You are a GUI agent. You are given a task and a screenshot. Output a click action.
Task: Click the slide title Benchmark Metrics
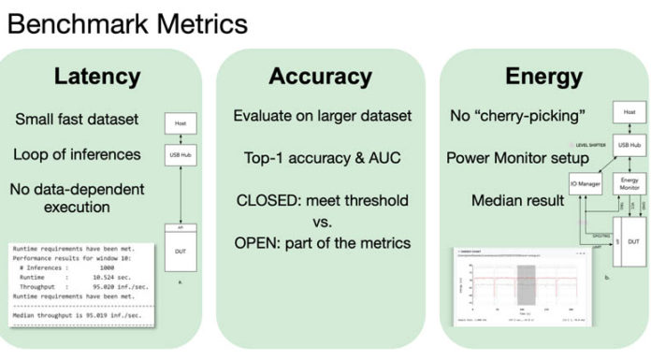pyautogui.click(x=127, y=22)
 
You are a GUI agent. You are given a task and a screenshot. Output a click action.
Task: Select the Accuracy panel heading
pyautogui.click(x=321, y=76)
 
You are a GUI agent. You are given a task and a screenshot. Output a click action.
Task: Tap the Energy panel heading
pyautogui.click(x=544, y=76)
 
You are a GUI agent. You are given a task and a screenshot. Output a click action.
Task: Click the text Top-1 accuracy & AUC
pyautogui.click(x=321, y=159)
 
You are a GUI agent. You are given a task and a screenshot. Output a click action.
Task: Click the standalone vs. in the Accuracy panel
pyautogui.click(x=321, y=222)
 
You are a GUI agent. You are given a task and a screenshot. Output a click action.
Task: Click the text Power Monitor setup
pyautogui.click(x=517, y=157)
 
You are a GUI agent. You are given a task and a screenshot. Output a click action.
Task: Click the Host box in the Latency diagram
pyautogui.click(x=179, y=122)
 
